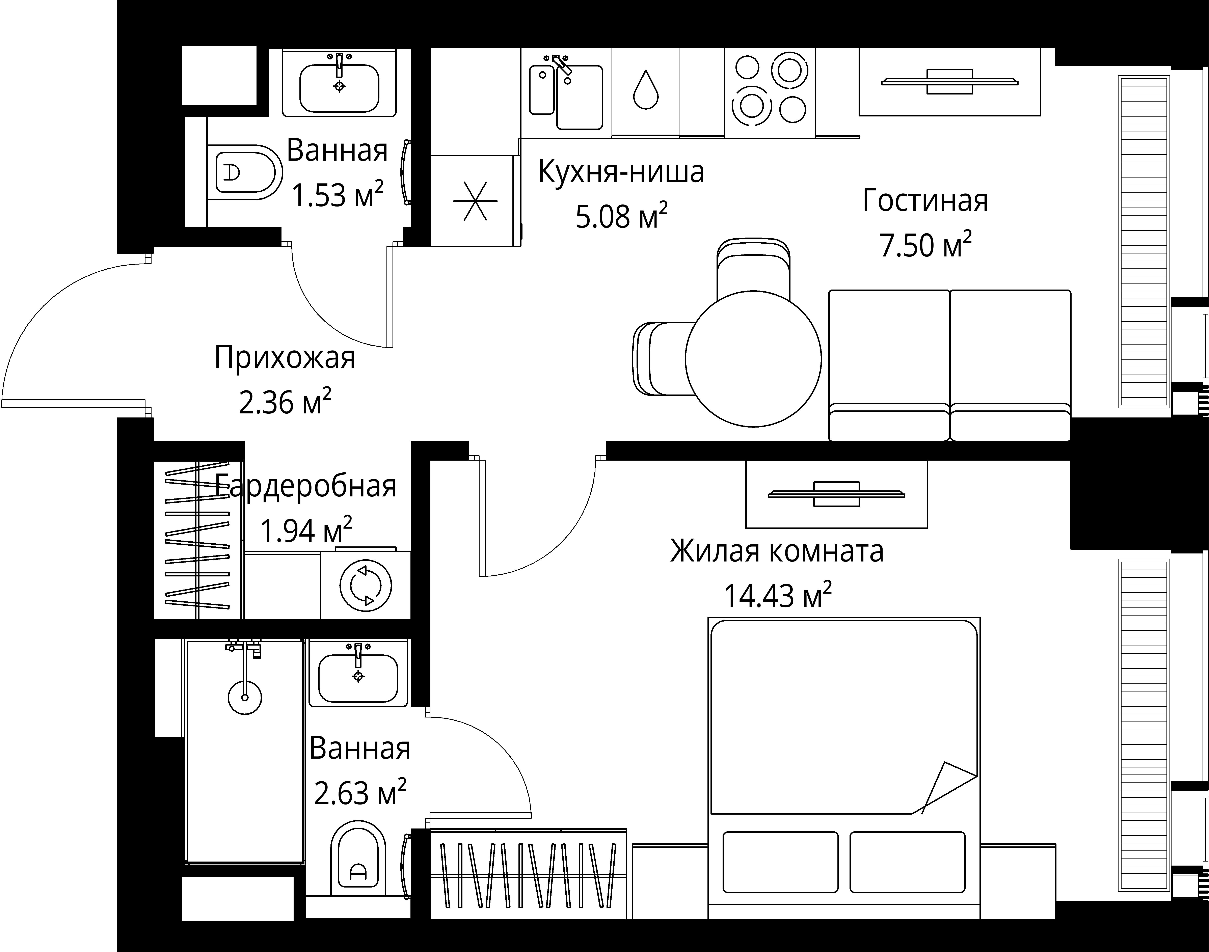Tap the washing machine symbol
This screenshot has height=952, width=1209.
coord(366,585)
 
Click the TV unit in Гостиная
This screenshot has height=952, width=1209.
coord(950,82)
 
